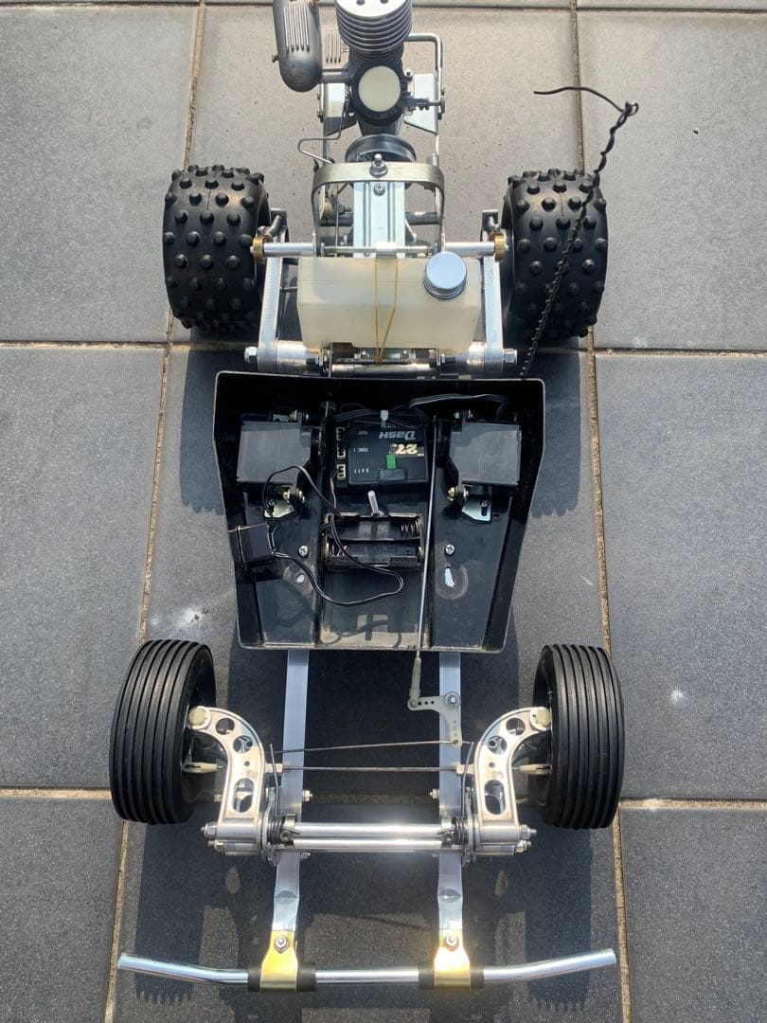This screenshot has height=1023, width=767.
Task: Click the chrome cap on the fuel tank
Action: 444,275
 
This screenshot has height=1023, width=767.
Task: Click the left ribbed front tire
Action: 161,730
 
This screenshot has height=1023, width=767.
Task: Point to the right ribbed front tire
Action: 579,735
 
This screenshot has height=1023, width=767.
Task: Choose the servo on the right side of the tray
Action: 485,453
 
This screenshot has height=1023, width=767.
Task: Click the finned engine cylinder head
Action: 374,28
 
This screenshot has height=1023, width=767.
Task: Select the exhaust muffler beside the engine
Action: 296,43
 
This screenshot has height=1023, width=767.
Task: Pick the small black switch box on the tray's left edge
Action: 252,544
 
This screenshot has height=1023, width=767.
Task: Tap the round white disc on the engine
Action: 380,89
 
